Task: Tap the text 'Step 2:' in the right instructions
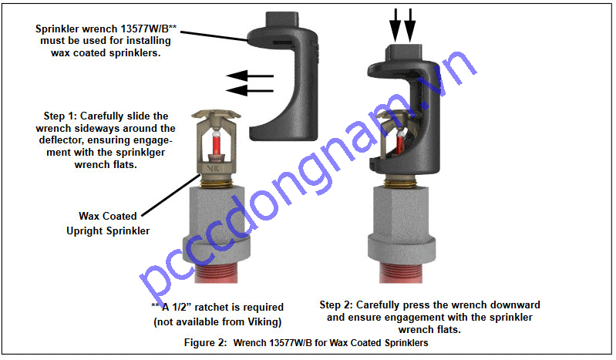click(x=338, y=305)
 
